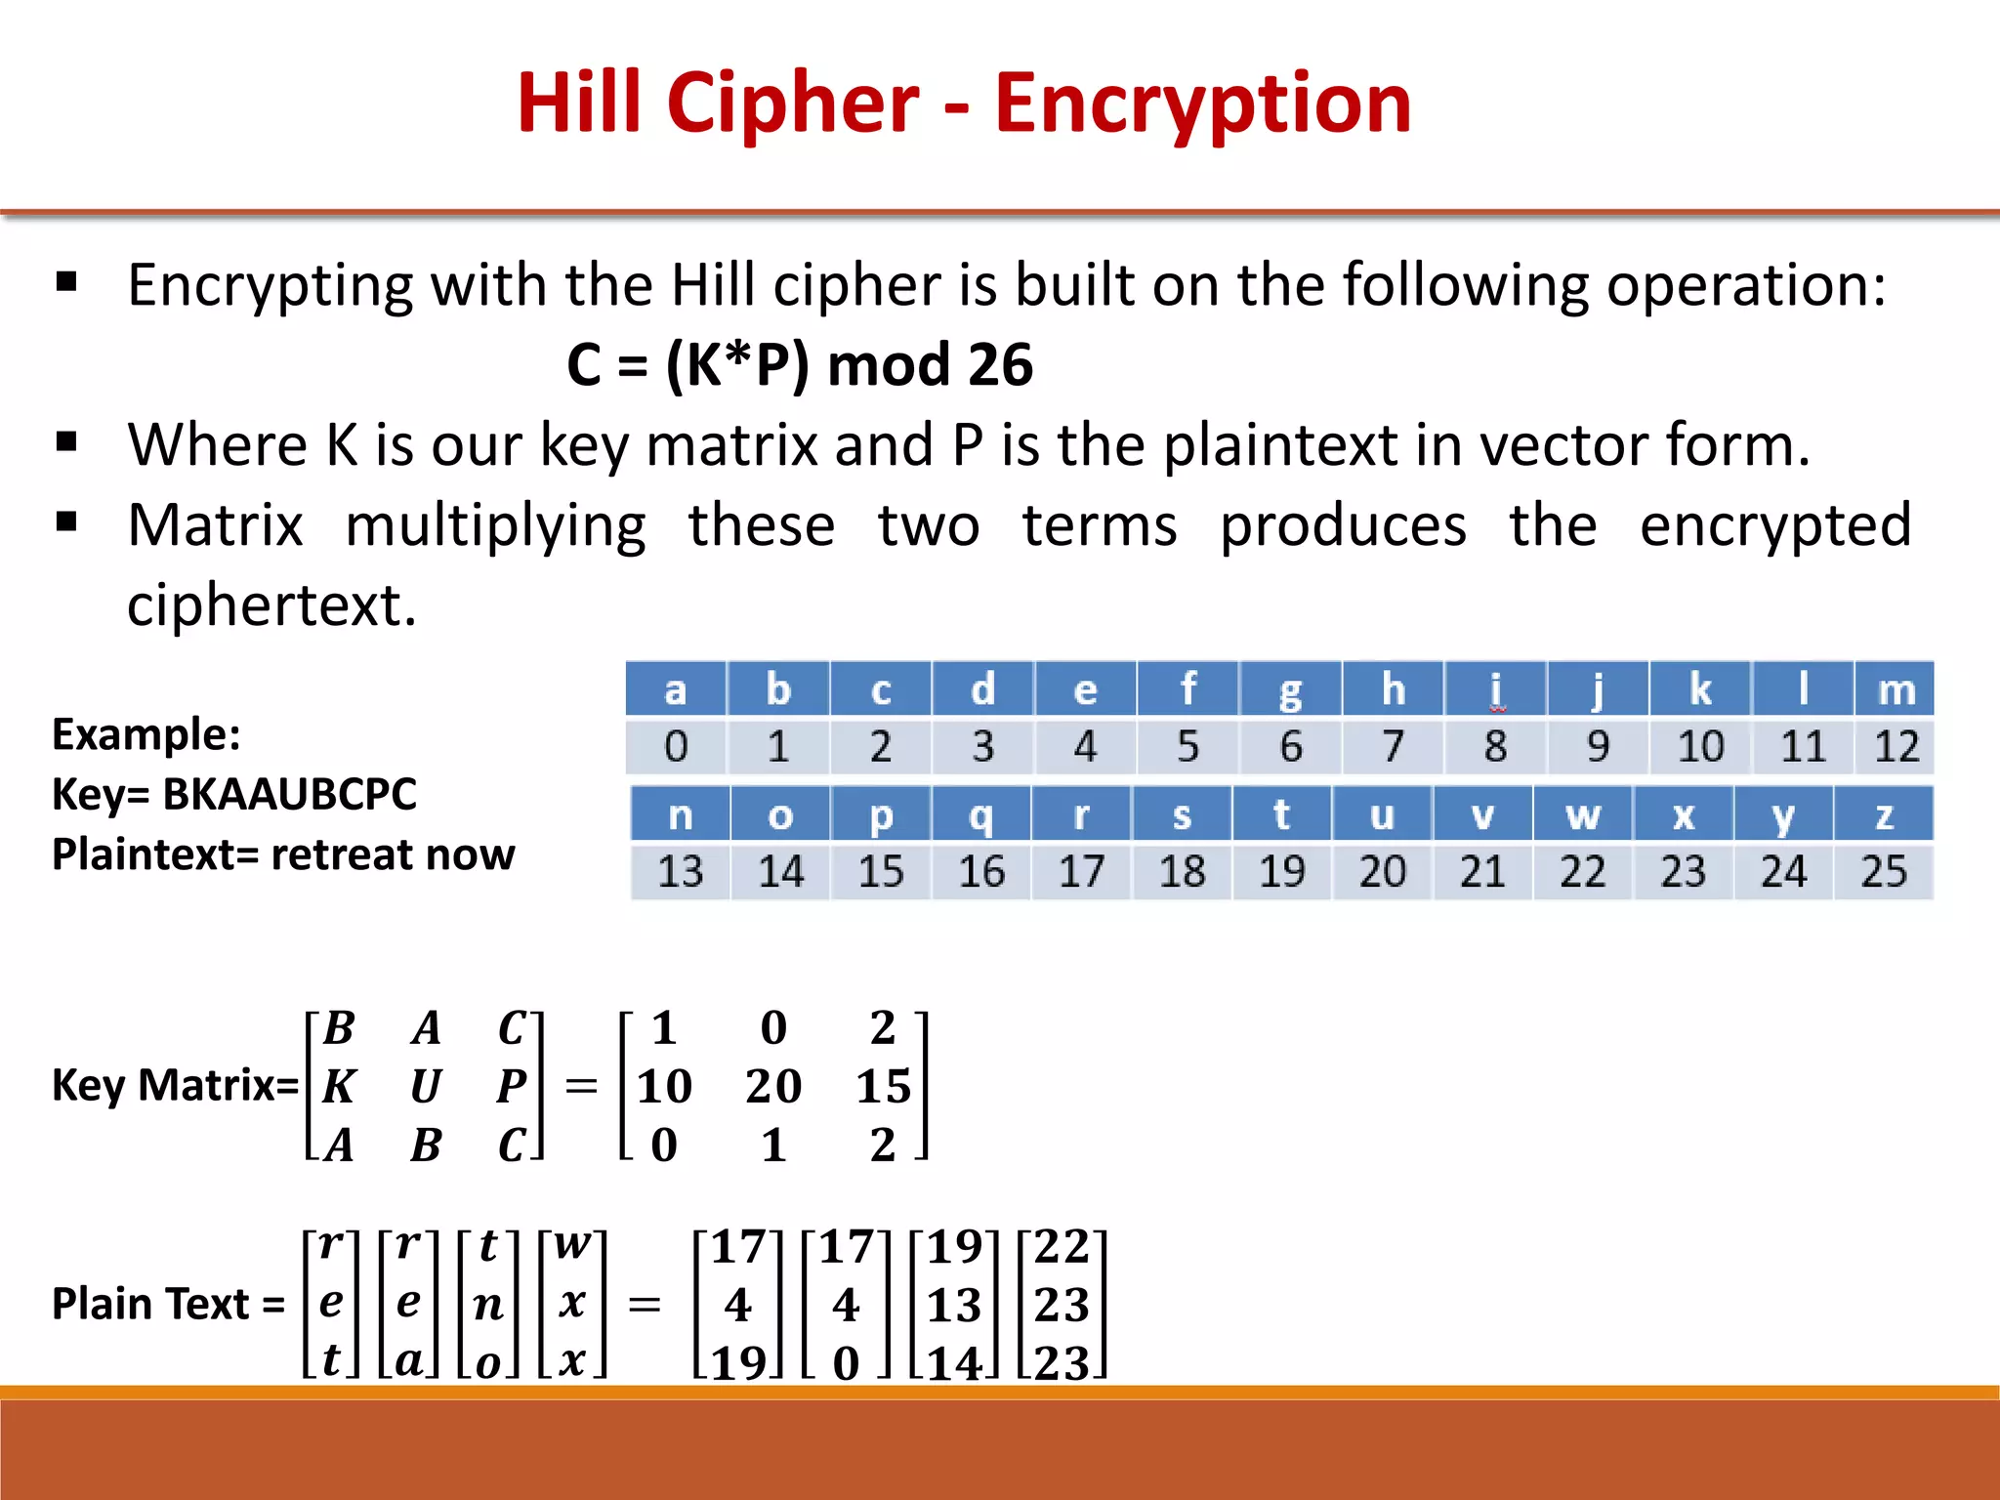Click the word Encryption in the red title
coord(1202,104)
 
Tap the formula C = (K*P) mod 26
coord(800,365)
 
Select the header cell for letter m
coord(1896,689)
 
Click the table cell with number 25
coord(1883,871)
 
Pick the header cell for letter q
coord(980,814)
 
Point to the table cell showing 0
coord(676,747)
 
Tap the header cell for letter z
coord(1883,814)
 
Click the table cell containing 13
coord(680,871)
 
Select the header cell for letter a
coord(676,689)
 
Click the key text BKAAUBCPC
coord(290,794)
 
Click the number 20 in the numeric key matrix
coord(773,1086)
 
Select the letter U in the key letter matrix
coord(425,1086)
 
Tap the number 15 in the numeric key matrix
coord(883,1086)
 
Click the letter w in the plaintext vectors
coord(572,1244)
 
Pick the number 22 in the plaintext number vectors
coord(1062,1246)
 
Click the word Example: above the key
coord(146,734)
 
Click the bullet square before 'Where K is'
coord(66,442)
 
